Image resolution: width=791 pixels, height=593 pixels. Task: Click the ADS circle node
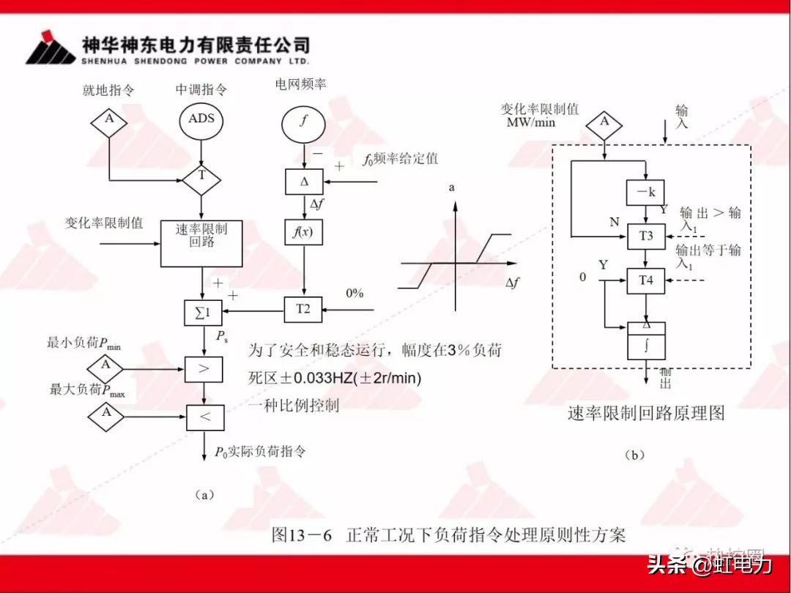201,119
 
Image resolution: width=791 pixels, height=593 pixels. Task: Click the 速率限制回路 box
201,242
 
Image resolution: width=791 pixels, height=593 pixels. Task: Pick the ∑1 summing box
201,313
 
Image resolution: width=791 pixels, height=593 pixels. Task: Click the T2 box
303,310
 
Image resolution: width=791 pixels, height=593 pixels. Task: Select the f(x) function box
303,232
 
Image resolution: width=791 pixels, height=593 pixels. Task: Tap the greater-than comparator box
204,369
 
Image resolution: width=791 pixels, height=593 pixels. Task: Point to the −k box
645,193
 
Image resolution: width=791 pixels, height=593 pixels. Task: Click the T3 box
645,236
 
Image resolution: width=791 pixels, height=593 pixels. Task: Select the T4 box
645,280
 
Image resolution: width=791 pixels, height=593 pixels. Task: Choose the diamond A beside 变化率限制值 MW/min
604,122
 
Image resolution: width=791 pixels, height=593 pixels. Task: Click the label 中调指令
201,90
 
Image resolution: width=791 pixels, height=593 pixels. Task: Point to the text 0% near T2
354,294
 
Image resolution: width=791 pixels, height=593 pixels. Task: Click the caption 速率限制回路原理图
646,413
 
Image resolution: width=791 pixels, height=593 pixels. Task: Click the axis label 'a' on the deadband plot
452,188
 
